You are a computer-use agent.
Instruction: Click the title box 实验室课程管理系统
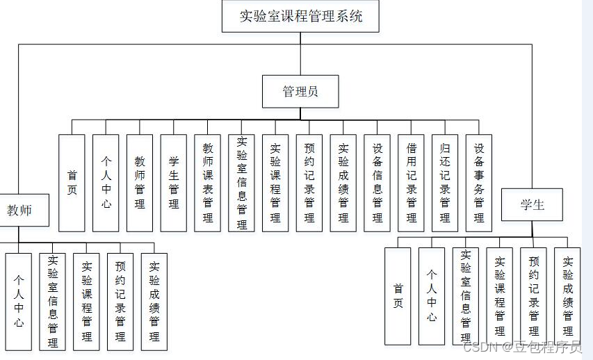point(300,16)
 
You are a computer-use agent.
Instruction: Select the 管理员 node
point(300,91)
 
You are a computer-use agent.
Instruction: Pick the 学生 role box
point(532,204)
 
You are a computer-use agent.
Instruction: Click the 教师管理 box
point(140,183)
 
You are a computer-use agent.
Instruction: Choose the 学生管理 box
point(174,183)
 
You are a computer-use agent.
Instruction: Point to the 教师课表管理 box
point(208,183)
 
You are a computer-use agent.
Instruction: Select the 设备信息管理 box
point(377,183)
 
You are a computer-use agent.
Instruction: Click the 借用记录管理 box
point(412,183)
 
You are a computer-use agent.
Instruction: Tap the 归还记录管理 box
point(445,183)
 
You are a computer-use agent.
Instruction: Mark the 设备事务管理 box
point(479,183)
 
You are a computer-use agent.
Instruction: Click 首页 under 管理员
point(72,183)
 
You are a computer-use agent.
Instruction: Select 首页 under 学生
point(398,296)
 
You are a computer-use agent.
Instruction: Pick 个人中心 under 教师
point(19,301)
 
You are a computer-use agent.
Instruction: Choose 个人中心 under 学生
point(432,296)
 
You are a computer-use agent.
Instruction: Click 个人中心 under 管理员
point(106,183)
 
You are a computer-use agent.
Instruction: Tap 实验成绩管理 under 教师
point(154,301)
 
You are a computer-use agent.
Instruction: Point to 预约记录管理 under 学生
point(534,296)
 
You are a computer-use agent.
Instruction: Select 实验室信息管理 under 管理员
point(241,183)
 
